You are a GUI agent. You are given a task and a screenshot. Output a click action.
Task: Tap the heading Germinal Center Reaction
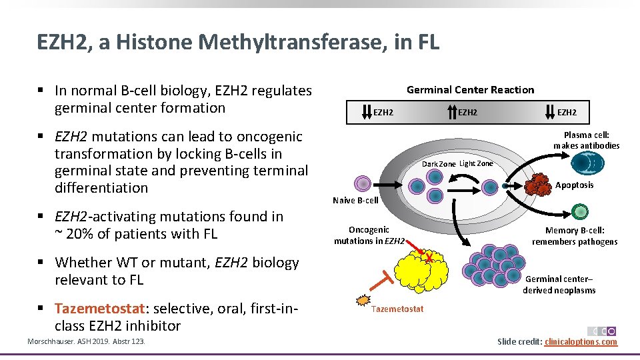470,90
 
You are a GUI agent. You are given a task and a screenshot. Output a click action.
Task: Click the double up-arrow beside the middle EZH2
451,112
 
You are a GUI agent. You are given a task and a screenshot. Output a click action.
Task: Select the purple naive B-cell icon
361,183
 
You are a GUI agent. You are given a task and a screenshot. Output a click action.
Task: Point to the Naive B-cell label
355,200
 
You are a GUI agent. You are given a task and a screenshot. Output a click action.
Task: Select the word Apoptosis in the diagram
574,185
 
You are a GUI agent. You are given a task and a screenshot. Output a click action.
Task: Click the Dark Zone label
439,164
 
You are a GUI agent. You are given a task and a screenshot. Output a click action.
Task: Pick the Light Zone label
476,163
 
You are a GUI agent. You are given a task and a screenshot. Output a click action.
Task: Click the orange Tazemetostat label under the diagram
397,309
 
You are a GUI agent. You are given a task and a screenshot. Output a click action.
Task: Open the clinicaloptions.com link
581,342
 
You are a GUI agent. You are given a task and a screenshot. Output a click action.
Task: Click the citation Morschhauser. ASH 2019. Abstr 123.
85,342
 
